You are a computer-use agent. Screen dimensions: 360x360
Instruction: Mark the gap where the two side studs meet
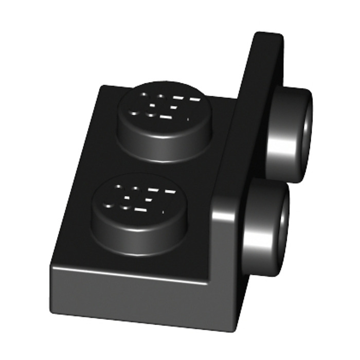point(278,183)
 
